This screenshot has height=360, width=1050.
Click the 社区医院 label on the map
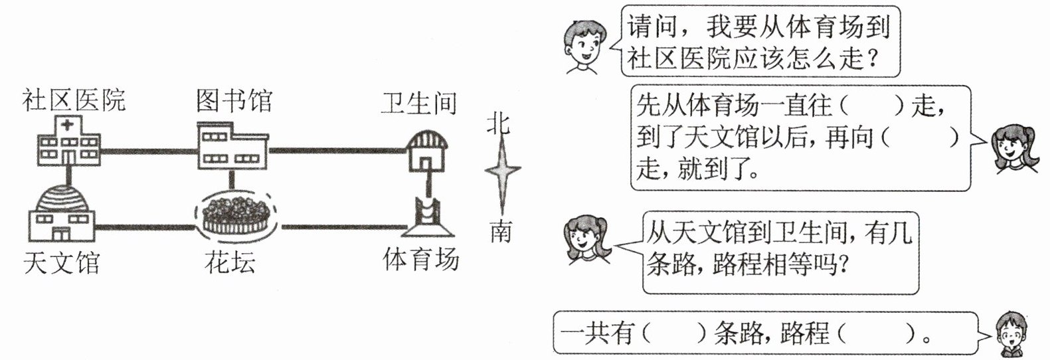click(x=74, y=100)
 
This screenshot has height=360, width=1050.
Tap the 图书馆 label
click(x=234, y=102)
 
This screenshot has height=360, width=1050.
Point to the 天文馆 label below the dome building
click(x=61, y=263)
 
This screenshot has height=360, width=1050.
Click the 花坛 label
click(x=230, y=263)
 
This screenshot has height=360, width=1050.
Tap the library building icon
click(x=232, y=145)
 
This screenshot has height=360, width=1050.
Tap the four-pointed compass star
click(x=502, y=171)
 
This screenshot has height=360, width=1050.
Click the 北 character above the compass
click(x=499, y=123)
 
